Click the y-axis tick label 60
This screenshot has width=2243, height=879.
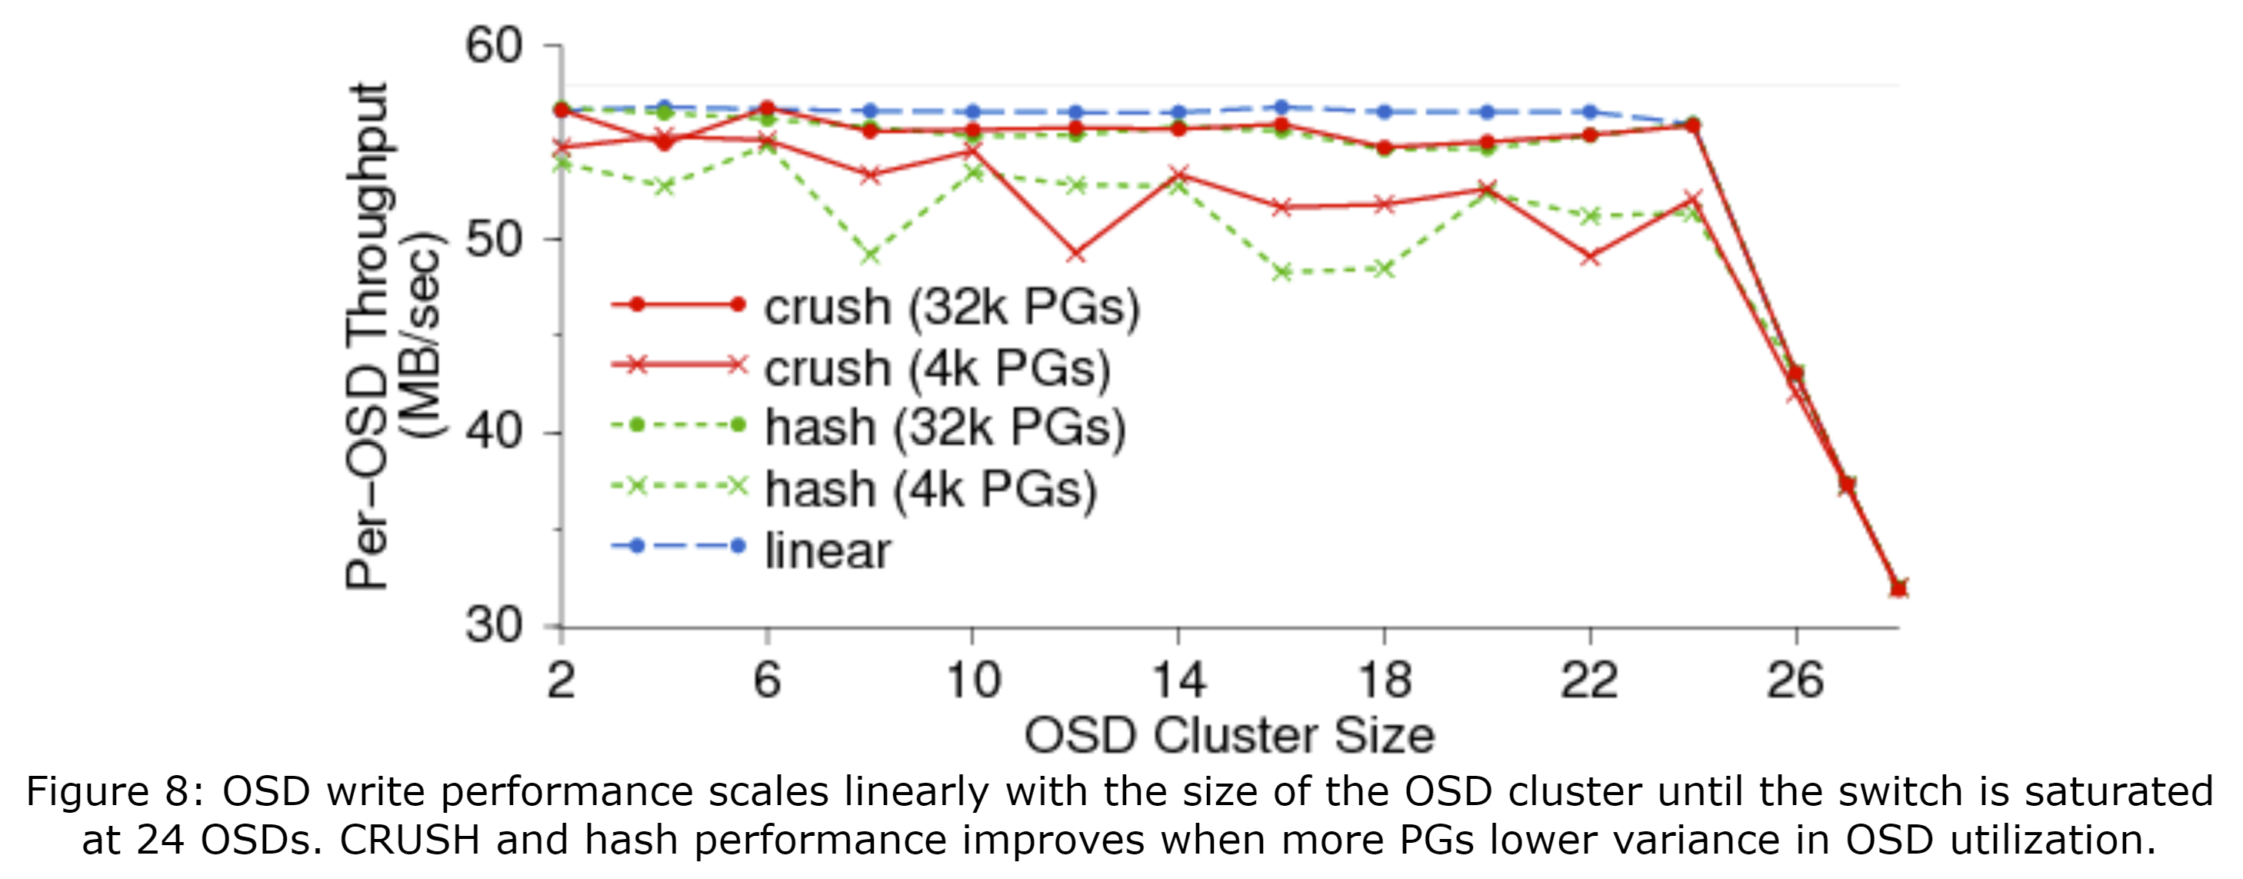[493, 45]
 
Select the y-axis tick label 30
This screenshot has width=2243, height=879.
[493, 626]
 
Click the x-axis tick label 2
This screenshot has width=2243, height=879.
[561, 680]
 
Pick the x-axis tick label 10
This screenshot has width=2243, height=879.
[972, 680]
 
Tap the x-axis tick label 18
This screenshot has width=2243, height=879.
[1385, 680]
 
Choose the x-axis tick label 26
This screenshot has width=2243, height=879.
[1795, 680]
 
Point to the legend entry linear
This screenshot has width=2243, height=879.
[827, 550]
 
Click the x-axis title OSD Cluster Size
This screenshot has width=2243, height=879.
[1228, 735]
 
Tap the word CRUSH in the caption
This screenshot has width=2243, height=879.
[409, 841]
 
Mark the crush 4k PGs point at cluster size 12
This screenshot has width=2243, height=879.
[1076, 254]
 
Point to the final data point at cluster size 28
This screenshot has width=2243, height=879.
[1899, 588]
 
